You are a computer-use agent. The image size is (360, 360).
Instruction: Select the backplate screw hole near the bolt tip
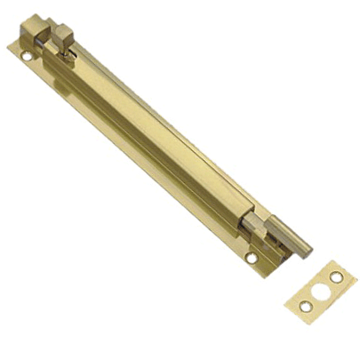pos(252,259)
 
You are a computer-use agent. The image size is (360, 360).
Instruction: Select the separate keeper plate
pos(319,292)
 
